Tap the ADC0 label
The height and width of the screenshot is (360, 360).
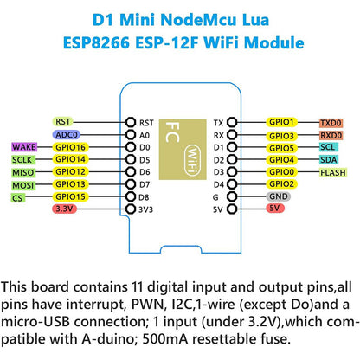(65, 135)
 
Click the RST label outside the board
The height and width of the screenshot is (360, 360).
(63, 122)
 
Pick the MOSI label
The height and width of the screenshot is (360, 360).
(23, 184)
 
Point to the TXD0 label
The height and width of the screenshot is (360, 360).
(331, 123)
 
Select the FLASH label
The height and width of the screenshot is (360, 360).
(333, 172)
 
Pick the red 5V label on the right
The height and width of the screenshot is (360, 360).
(274, 209)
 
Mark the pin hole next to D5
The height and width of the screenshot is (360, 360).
(129, 160)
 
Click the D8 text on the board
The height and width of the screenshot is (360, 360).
(146, 197)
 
